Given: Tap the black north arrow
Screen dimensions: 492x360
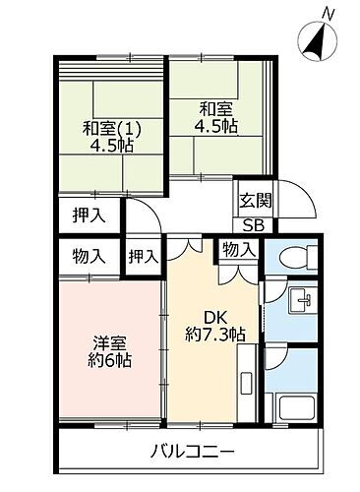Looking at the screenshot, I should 317,42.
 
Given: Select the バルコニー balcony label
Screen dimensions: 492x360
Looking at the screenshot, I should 192,454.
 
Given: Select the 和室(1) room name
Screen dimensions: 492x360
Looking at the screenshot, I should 108,128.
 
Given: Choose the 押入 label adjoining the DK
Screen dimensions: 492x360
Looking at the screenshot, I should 145,256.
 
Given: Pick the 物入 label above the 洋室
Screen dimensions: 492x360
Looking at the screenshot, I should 89,256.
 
